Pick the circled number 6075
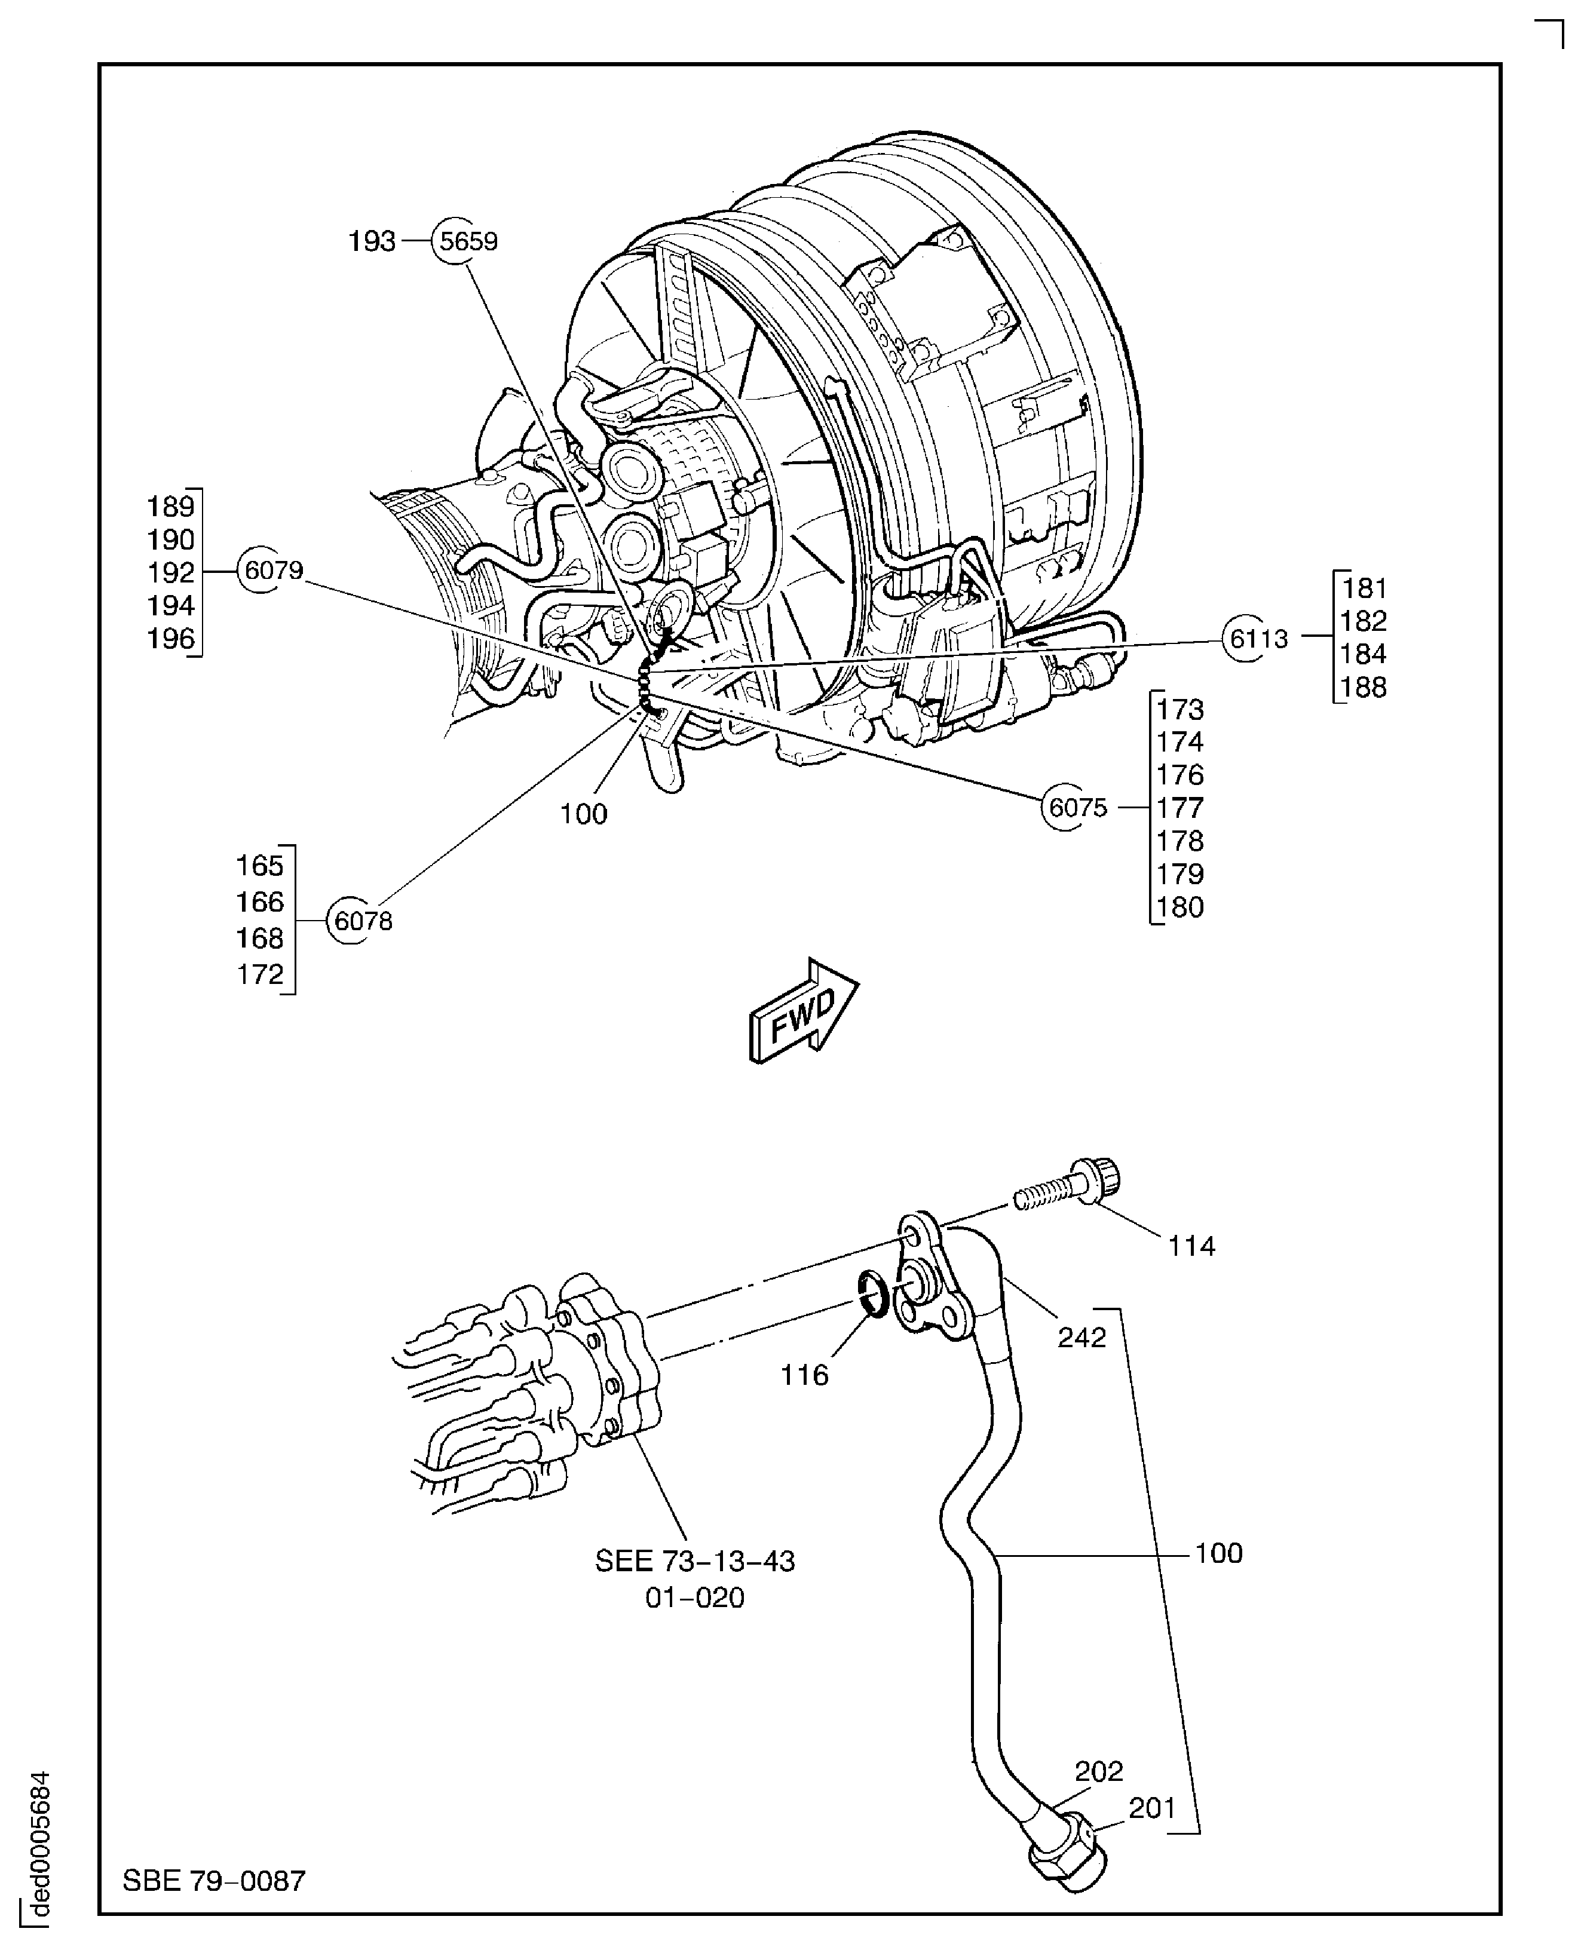pos(1077,808)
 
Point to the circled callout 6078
pos(362,921)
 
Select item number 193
pos(372,242)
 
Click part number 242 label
pos(1081,1338)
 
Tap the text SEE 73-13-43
pos(694,1561)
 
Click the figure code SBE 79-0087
pos(213,1881)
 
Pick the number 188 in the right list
pos(1363,687)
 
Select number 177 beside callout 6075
pos(1180,808)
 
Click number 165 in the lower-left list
pos(260,865)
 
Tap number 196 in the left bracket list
pos(171,639)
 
